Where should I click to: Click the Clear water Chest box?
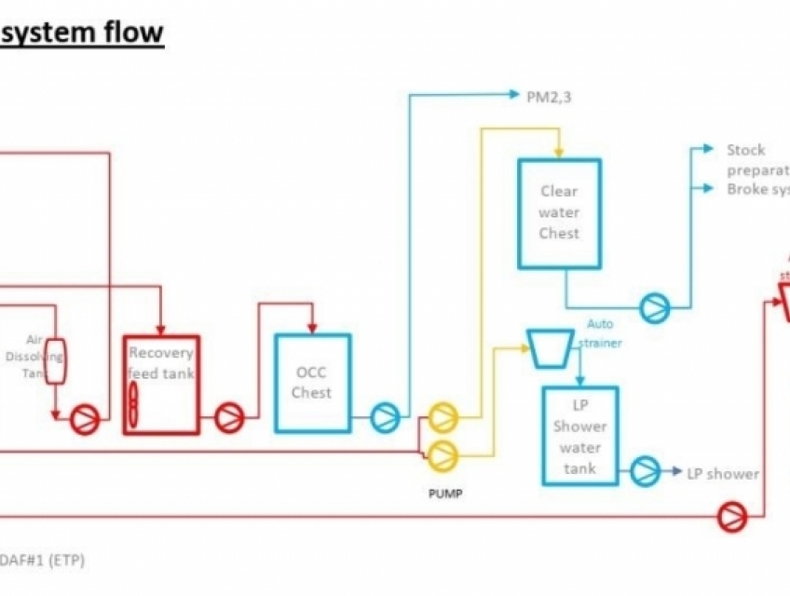click(559, 212)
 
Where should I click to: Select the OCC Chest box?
click(312, 383)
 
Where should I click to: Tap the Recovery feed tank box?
click(161, 385)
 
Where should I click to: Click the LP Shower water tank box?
click(580, 436)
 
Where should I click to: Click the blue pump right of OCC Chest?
click(385, 417)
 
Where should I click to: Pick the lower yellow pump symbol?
click(442, 454)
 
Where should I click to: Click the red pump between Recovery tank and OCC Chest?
click(229, 418)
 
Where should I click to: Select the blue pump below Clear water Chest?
click(653, 305)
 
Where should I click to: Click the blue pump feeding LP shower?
click(644, 471)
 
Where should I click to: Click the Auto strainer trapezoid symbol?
click(550, 347)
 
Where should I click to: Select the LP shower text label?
click(722, 474)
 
